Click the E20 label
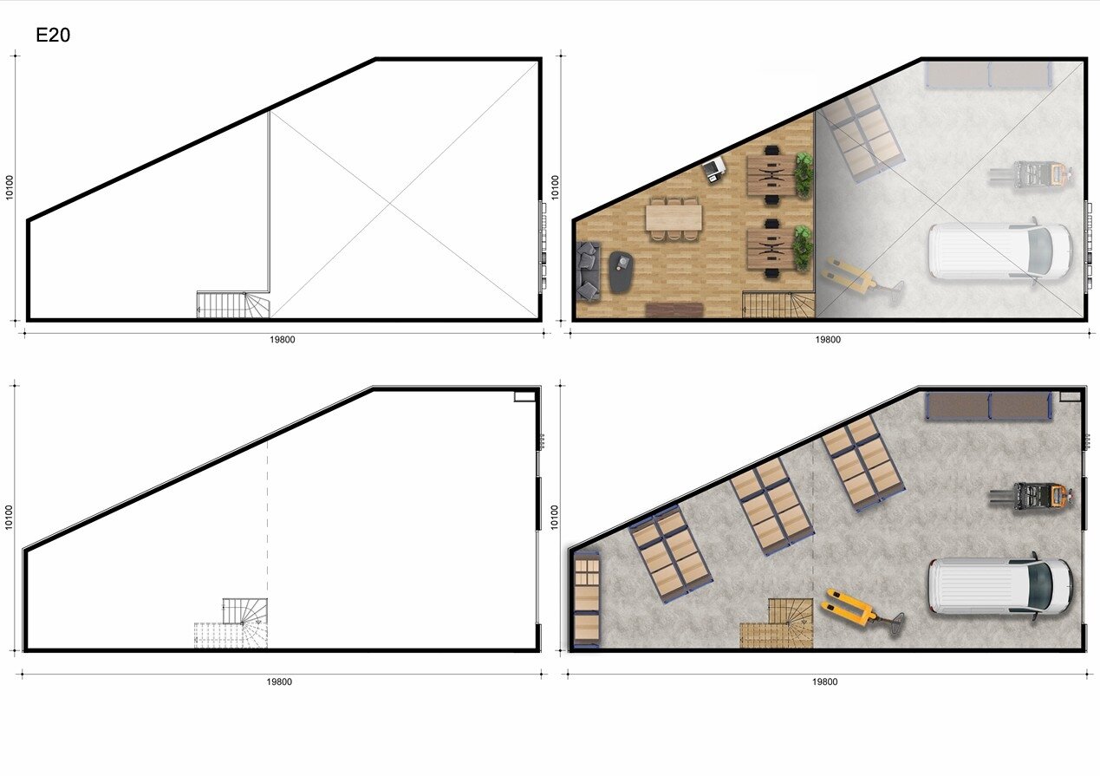pos(53,35)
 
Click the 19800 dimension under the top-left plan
pos(283,339)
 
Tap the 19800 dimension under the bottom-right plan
pos(825,681)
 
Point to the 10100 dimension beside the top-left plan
pos(10,187)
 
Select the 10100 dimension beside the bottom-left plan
pos(9,518)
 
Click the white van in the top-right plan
pos(1000,251)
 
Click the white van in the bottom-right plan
pos(1000,587)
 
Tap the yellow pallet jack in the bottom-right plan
pos(862,613)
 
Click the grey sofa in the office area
pos(588,271)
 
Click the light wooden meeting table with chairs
pos(674,219)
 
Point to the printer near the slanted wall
pos(714,168)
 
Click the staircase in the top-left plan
pos(233,304)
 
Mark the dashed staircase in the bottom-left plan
pos(231,636)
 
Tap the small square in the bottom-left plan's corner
pos(524,396)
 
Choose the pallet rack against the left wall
pos(586,599)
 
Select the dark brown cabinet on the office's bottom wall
pos(674,310)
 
